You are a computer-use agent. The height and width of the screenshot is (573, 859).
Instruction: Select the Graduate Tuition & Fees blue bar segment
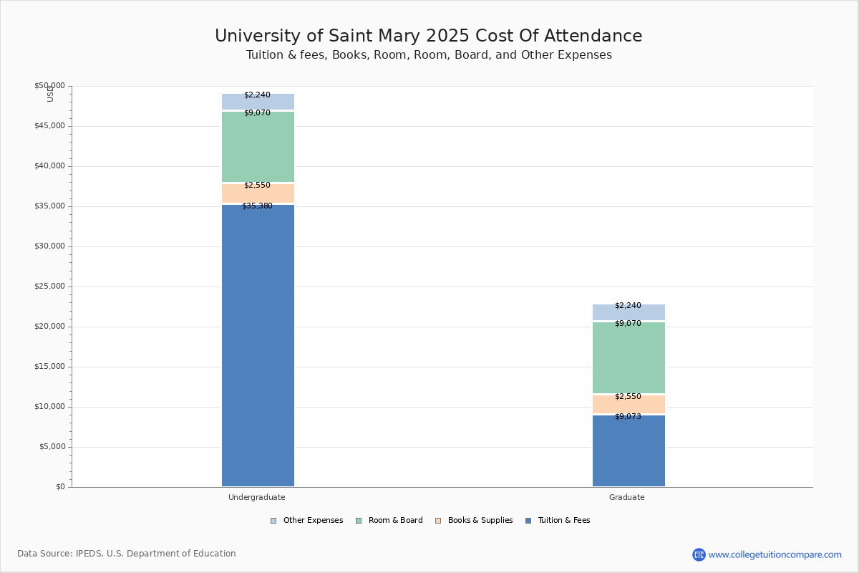[629, 451]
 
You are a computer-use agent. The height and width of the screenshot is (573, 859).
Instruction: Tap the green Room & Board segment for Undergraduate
[258, 147]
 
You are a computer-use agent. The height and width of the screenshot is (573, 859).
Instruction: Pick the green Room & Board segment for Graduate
[629, 357]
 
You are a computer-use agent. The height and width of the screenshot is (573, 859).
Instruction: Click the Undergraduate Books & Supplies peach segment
[258, 194]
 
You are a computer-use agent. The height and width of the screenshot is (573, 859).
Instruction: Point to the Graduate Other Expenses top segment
[629, 312]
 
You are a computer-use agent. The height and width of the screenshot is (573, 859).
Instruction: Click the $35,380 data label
[257, 206]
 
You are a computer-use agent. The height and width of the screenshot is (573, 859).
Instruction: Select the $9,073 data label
[628, 417]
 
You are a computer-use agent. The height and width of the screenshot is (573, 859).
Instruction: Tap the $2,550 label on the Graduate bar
[628, 397]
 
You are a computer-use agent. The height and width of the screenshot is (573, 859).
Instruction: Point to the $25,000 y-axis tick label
[49, 286]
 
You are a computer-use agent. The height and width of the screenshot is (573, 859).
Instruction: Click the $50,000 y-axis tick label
[49, 86]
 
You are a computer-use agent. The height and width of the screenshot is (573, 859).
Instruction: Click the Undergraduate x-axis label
[257, 497]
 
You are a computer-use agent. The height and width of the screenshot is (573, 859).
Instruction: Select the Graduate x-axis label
[627, 497]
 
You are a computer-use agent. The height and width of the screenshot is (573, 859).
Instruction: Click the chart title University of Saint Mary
[428, 37]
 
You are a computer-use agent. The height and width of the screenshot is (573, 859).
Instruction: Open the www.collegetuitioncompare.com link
[775, 554]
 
